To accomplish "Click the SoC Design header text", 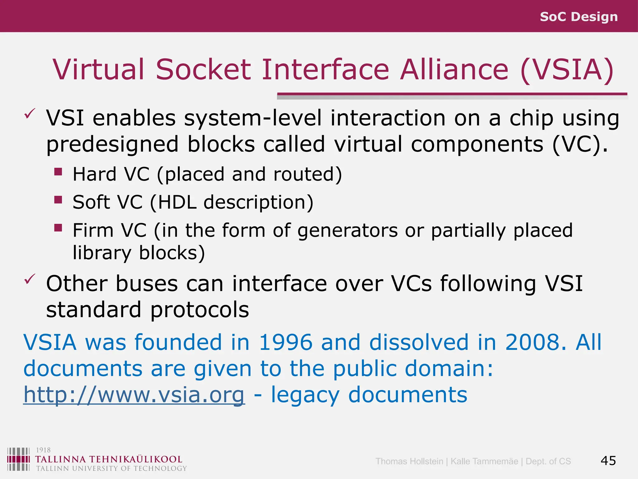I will (x=578, y=17).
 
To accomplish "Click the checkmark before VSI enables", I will (x=30, y=114).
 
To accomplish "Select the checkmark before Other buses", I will (x=30, y=279).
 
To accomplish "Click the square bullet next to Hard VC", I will (x=58, y=172).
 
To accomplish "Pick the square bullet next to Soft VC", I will (x=58, y=200).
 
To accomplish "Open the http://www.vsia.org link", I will (x=134, y=395).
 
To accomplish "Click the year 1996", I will (x=285, y=342).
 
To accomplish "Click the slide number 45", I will (x=608, y=461).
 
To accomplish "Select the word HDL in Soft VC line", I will (x=177, y=202).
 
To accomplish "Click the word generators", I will (x=348, y=230).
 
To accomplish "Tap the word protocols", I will (x=199, y=310).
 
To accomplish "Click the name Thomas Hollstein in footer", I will (x=409, y=461).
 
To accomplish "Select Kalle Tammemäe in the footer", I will (x=484, y=461).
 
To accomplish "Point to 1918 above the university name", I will (x=43, y=450).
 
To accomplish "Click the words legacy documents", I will (x=369, y=395).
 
